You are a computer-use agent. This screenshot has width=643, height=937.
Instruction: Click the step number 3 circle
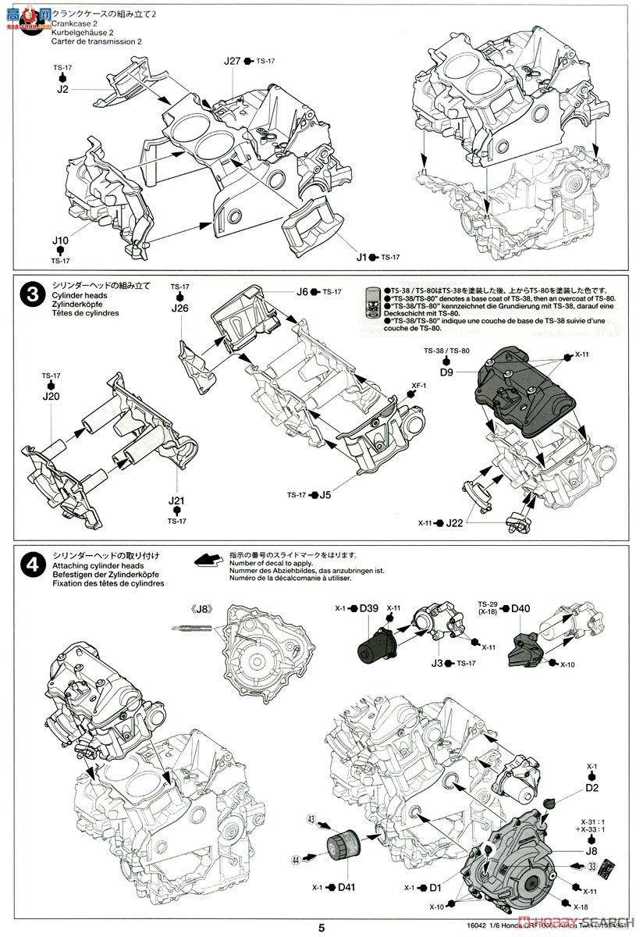pos(29,295)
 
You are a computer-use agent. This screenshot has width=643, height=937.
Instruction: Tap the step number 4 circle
pos(29,564)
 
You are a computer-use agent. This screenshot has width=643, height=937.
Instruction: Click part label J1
pos(361,257)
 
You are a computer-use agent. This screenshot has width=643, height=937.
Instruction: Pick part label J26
pos(181,308)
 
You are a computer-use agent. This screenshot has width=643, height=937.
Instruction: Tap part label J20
pos(51,397)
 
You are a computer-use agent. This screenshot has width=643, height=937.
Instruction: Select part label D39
pos(370,608)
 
